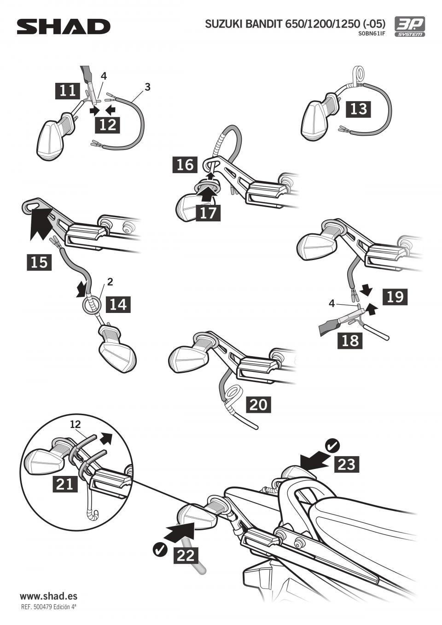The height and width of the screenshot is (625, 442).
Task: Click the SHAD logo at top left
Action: click(64, 27)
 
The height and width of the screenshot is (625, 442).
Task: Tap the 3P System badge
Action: click(409, 27)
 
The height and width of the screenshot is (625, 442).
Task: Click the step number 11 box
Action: click(68, 90)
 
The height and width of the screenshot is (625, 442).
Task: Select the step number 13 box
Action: click(359, 109)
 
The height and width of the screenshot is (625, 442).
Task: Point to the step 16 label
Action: click(185, 164)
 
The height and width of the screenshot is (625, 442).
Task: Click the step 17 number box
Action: click(208, 213)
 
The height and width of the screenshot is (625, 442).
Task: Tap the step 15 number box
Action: click(39, 262)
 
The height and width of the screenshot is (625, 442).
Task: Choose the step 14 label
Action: click(118, 304)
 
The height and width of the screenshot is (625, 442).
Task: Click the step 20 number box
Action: click(258, 405)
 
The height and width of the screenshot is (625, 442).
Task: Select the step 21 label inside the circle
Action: click(65, 484)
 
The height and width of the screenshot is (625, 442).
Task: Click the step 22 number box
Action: click(186, 556)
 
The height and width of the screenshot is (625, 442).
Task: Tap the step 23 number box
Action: click(347, 464)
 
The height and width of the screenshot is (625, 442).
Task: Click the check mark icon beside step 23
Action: click(332, 446)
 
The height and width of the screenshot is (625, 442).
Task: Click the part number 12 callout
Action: click(76, 424)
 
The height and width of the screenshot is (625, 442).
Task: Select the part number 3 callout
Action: click(147, 87)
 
